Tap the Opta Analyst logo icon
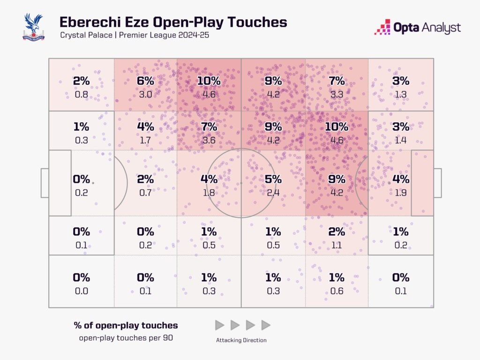(x=382, y=27)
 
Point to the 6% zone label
(x=145, y=81)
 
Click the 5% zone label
(x=273, y=179)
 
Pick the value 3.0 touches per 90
(x=145, y=94)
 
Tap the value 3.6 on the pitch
(x=209, y=140)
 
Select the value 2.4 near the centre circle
(x=273, y=192)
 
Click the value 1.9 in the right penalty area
(x=400, y=192)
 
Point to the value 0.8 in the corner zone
(x=82, y=94)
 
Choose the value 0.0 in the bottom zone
(x=82, y=291)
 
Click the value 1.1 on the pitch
(x=337, y=245)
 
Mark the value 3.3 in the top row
(x=337, y=94)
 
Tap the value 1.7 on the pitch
(x=145, y=140)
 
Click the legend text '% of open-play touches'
(x=126, y=325)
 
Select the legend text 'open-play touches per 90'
(x=126, y=337)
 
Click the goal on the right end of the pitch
(x=437, y=183)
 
